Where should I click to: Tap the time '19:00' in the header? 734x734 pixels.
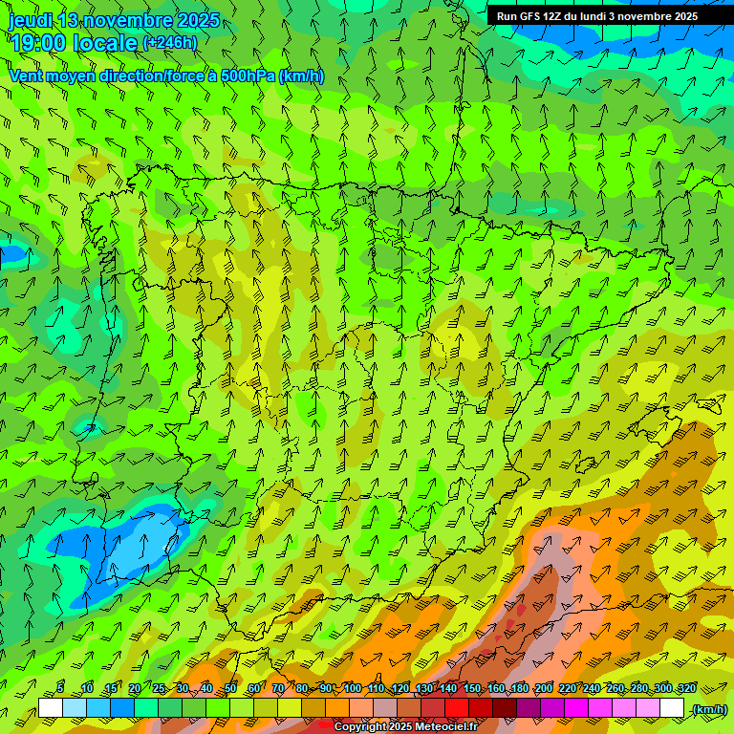(39, 43)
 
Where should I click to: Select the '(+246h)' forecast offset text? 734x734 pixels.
(169, 43)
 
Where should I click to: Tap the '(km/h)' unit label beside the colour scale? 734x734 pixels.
(709, 709)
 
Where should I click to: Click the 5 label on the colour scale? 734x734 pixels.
(60, 688)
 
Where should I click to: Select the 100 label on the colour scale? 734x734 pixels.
(353, 688)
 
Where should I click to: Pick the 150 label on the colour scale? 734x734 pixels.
(472, 688)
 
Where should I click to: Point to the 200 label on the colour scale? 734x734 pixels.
(544, 688)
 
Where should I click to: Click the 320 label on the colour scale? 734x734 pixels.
(686, 688)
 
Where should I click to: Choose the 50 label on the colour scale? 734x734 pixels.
(230, 688)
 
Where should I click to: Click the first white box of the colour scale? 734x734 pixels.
(51, 707)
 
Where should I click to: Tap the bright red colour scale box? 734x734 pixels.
(457, 707)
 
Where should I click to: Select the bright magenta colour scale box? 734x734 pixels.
(576, 707)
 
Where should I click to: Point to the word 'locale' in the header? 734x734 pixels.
(106, 43)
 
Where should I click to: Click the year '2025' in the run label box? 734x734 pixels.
(684, 16)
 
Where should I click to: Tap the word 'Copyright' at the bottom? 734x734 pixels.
(360, 727)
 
